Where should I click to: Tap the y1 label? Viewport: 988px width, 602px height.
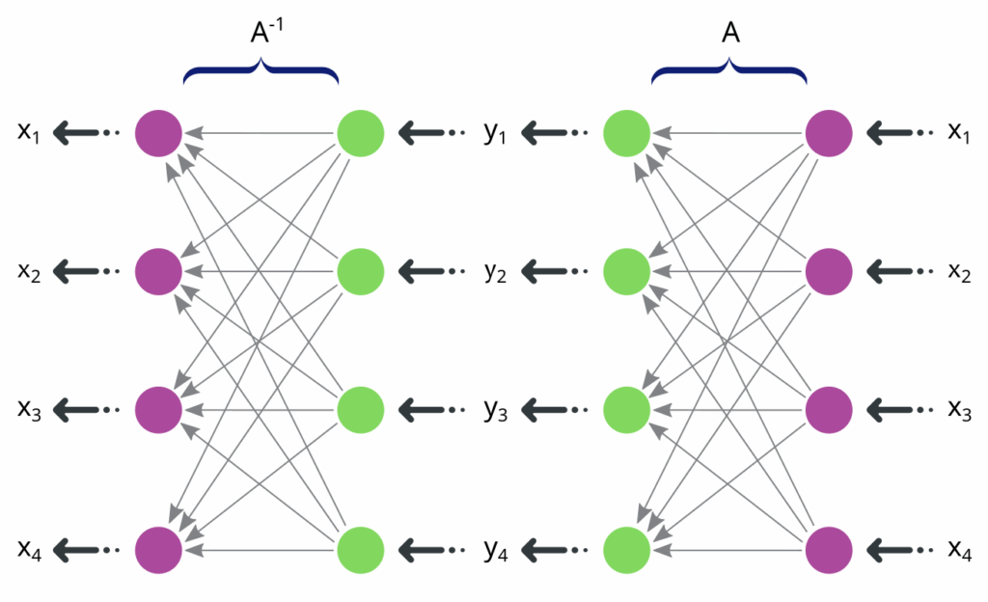496,132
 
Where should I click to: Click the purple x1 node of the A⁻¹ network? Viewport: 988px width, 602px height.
158,132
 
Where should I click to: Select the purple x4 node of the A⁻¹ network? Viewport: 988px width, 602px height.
158,549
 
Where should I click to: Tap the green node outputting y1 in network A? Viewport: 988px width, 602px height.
626,132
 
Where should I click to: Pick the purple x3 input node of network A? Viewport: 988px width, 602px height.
829,410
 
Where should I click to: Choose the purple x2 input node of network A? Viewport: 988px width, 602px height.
829,271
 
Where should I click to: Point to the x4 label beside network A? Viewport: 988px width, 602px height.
959,549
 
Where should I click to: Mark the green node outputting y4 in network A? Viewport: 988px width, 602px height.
626,549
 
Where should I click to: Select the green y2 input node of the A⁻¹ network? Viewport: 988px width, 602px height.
361,271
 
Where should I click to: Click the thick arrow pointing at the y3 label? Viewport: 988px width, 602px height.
546,410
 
